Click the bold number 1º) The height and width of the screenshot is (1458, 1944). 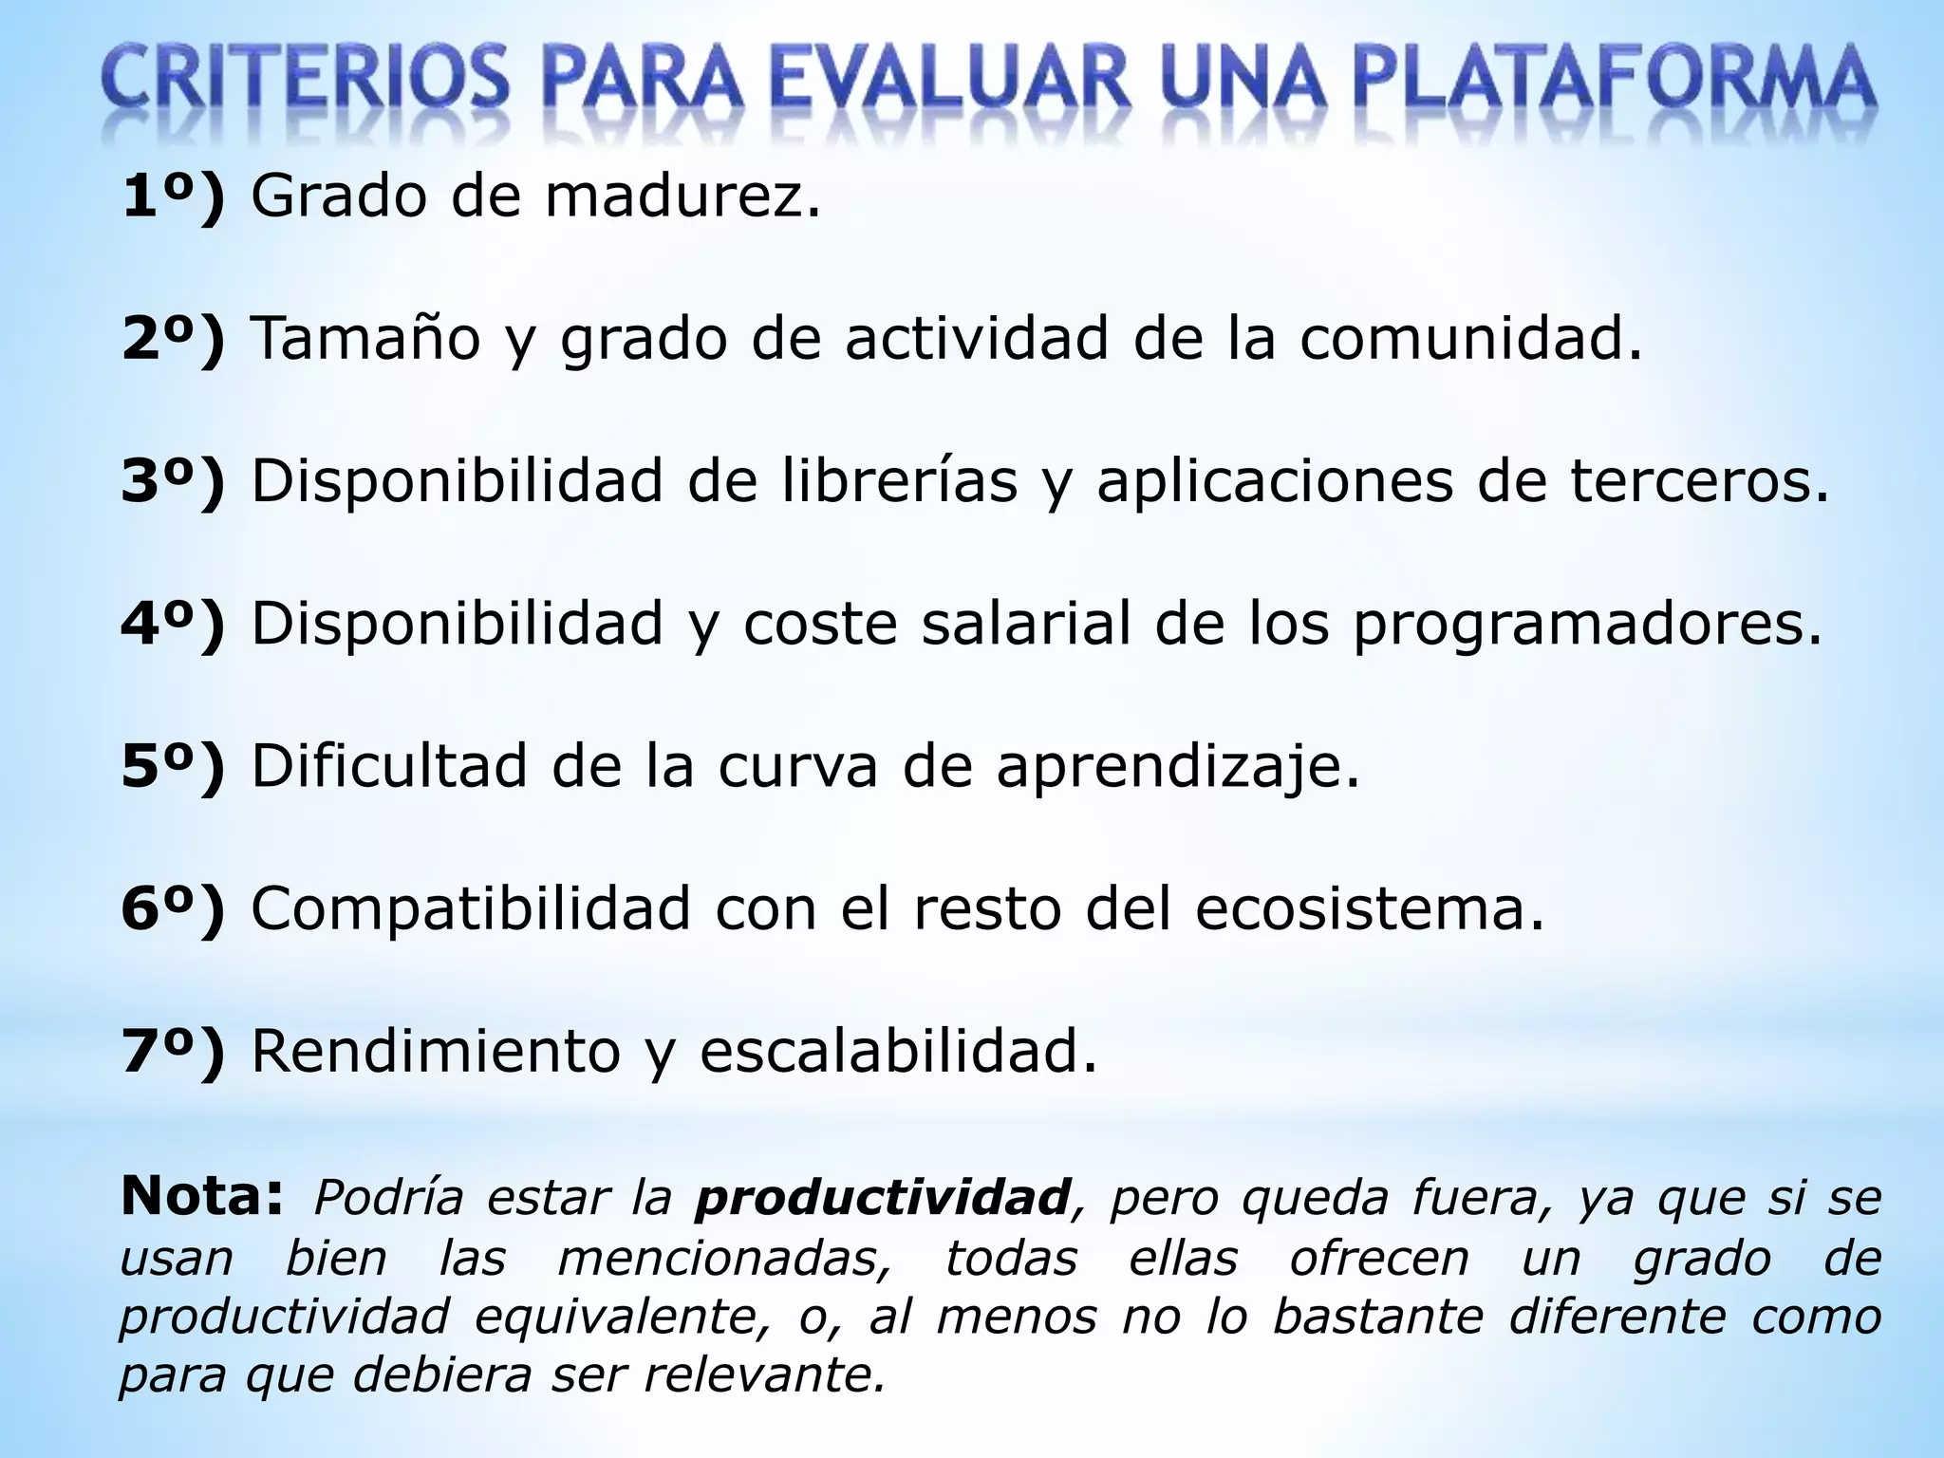pos(174,196)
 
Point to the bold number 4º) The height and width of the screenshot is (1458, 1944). pos(174,624)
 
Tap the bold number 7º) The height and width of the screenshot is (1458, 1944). pos(174,1051)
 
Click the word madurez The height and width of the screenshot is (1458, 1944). pos(682,196)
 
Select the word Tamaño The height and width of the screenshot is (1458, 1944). pos(365,339)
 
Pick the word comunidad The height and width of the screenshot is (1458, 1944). pos(1470,339)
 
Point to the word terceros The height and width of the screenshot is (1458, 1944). pos(1699,481)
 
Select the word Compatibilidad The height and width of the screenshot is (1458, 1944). pos(471,908)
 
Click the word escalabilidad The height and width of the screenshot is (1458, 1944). pos(898,1051)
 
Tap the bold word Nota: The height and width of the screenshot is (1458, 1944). pos(202,1196)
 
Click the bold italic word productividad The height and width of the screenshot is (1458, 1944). pos(883,1199)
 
